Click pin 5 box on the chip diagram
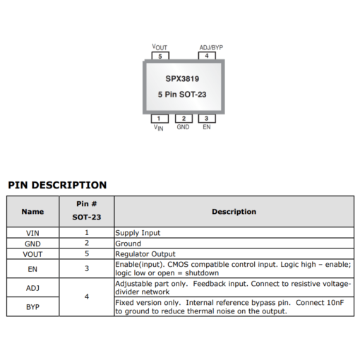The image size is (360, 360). pos(160,56)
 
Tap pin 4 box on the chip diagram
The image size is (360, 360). pos(207,56)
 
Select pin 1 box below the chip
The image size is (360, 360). pos(160,119)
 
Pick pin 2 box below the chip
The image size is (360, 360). pos(184,119)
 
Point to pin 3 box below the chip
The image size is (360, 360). pos(207,119)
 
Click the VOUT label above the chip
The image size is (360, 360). pos(160,47)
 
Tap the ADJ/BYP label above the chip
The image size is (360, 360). pos(211,47)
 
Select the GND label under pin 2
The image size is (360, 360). pos(183,127)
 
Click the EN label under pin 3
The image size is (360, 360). pos(207,127)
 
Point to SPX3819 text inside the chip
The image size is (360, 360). pos(182,78)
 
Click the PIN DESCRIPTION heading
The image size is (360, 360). pos(57,185)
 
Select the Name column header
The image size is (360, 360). pos(32,212)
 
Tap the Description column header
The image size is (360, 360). pos(234,212)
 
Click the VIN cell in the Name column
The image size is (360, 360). pos(32,233)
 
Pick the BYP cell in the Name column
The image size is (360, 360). pos(32,307)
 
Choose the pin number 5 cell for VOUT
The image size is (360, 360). pos(87,253)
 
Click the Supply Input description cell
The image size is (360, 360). pos(234,233)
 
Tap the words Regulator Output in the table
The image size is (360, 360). pos(145,254)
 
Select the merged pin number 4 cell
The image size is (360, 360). pos(87,297)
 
